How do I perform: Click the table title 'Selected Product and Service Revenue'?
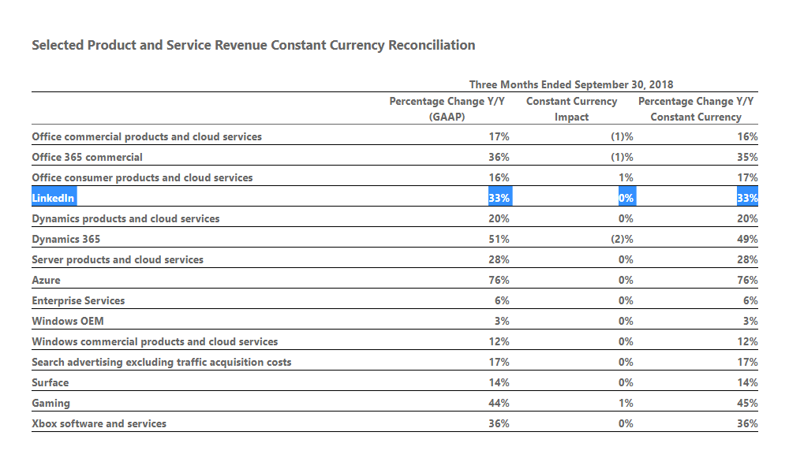pos(253,45)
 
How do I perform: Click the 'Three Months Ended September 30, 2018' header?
pos(571,84)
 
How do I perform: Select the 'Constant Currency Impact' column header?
pos(571,109)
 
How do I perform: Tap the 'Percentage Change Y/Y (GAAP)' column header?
pos(447,109)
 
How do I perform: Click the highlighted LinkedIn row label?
pos(54,198)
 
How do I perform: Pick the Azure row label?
pos(46,280)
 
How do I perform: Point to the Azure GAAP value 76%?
pos(499,280)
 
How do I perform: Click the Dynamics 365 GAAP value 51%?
pos(499,239)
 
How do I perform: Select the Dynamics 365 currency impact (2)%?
pos(622,239)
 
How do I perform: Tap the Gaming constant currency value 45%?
pos(747,403)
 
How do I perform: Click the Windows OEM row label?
pos(68,321)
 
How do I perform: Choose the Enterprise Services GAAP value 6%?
pos(502,300)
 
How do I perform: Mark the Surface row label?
pos(50,382)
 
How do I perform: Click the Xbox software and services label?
pos(99,423)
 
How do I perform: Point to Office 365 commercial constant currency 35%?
pos(747,157)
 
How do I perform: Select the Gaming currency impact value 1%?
pos(626,403)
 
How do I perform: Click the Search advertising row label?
pos(162,362)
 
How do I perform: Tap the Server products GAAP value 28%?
pos(499,259)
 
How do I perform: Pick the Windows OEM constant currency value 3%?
pos(750,321)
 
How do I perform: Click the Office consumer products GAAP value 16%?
pos(499,177)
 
